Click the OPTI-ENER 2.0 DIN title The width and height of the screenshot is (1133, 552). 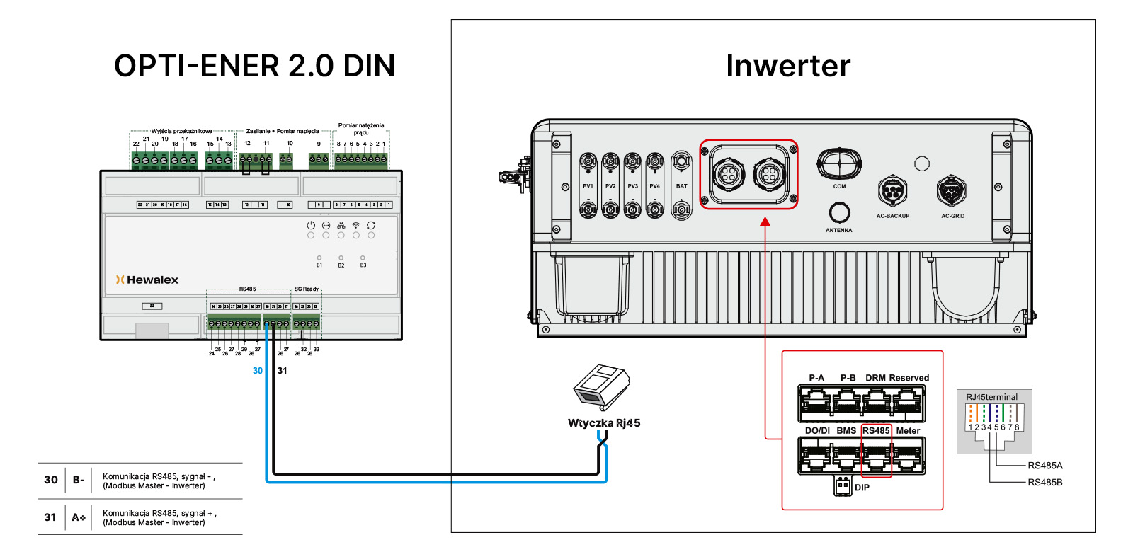click(x=254, y=66)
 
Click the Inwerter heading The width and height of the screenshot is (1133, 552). click(x=787, y=66)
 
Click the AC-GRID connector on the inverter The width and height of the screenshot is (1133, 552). click(x=951, y=190)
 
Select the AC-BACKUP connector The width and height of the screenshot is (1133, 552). click(x=892, y=190)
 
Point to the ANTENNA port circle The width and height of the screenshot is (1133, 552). click(x=839, y=212)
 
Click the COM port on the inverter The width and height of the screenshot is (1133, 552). click(x=839, y=163)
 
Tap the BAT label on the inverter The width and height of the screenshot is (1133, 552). click(x=681, y=186)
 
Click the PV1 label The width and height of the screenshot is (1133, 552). click(x=588, y=186)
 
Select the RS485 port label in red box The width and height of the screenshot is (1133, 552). click(x=876, y=430)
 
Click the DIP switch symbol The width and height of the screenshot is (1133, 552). click(x=843, y=487)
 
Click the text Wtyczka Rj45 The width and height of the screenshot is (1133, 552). click(x=604, y=423)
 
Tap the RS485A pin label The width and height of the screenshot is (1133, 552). click(x=1044, y=466)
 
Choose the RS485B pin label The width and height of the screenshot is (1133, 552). click(x=1044, y=483)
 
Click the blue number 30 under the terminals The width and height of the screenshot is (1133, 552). click(x=258, y=371)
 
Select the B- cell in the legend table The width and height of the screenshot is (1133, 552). click(x=79, y=480)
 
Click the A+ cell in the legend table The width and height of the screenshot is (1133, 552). click(x=79, y=517)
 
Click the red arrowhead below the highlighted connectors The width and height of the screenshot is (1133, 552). click(x=765, y=222)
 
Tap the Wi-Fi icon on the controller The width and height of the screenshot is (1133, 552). click(x=356, y=225)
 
